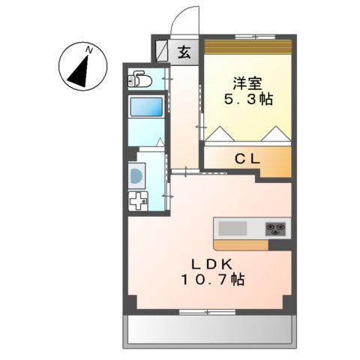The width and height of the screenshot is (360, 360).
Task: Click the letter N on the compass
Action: click(x=89, y=50)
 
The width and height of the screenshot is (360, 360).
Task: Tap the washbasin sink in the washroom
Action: click(x=136, y=176)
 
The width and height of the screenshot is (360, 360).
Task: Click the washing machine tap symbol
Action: click(x=139, y=201)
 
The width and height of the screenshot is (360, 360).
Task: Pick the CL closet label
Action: click(x=247, y=158)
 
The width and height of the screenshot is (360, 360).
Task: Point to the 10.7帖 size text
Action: click(x=212, y=280)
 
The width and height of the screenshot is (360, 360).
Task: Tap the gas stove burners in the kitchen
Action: click(x=275, y=228)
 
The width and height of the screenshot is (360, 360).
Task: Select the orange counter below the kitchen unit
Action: click(x=244, y=244)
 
